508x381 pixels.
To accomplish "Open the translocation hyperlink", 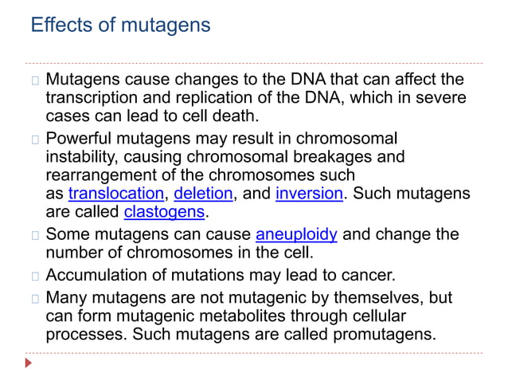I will pos(115,194).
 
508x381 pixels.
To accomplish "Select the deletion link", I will pos(203,194).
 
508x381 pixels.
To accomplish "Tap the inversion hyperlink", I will pos(309,194).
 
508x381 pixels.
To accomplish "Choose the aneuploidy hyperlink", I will pos(296,235).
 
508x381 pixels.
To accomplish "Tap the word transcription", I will pos(91,98).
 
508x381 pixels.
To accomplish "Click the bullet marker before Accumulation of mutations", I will pos(35,277).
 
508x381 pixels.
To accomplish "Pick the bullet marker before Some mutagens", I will pos(35,235).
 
